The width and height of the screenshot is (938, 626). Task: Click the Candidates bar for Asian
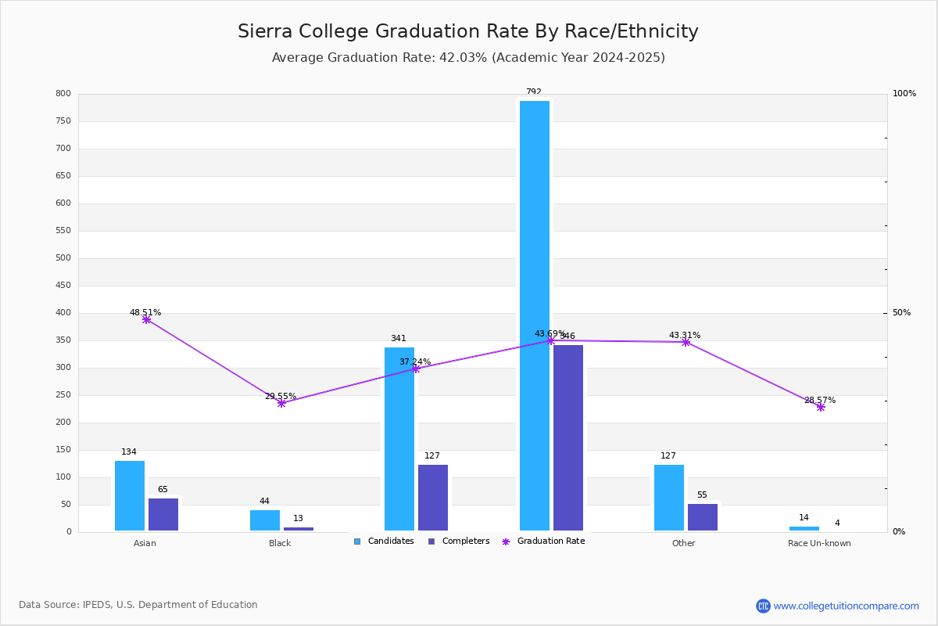coord(130,495)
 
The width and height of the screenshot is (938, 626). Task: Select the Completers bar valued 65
coord(163,514)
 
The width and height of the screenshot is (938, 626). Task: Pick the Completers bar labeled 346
coord(568,437)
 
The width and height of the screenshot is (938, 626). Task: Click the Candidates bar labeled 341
coord(399,438)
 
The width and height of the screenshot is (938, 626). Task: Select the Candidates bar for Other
coord(669,497)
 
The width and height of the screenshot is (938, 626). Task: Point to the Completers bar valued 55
coord(703,516)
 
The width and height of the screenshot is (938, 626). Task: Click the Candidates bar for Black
coord(265,520)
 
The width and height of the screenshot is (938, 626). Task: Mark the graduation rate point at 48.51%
coord(146,319)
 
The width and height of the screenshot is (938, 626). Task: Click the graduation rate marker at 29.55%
coord(281,403)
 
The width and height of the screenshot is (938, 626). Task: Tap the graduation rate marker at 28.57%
coord(821,407)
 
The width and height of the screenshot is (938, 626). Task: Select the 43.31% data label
coord(685,335)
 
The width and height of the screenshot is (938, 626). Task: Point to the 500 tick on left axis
coord(63,258)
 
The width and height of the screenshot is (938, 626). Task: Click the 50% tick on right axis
coord(901,313)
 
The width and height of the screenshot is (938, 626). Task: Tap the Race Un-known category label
coord(819,543)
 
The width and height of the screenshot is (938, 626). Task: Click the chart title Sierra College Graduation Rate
coord(467,31)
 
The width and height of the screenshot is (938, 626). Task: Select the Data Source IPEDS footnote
coord(138,605)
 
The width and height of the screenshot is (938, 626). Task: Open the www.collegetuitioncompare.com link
coord(846,606)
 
